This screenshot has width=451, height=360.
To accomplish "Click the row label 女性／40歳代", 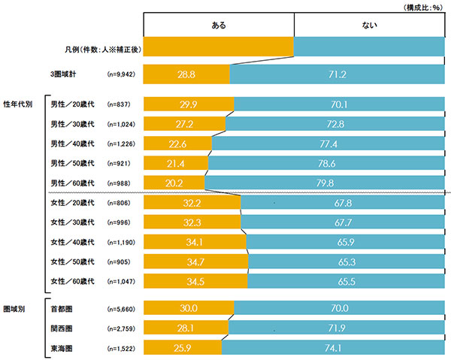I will click(x=71, y=242).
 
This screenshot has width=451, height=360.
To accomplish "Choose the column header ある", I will click(x=218, y=26).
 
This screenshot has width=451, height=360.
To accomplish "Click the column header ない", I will click(x=368, y=26).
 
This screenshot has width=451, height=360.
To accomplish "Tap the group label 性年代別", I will click(x=19, y=104).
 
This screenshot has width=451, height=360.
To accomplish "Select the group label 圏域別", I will click(x=16, y=307).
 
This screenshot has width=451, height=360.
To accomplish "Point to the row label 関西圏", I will click(x=61, y=328).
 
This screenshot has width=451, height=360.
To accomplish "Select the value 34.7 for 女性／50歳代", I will click(x=195, y=262).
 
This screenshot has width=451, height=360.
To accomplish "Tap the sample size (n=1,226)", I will click(x=123, y=144).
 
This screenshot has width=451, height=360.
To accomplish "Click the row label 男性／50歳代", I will click(x=71, y=163).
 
